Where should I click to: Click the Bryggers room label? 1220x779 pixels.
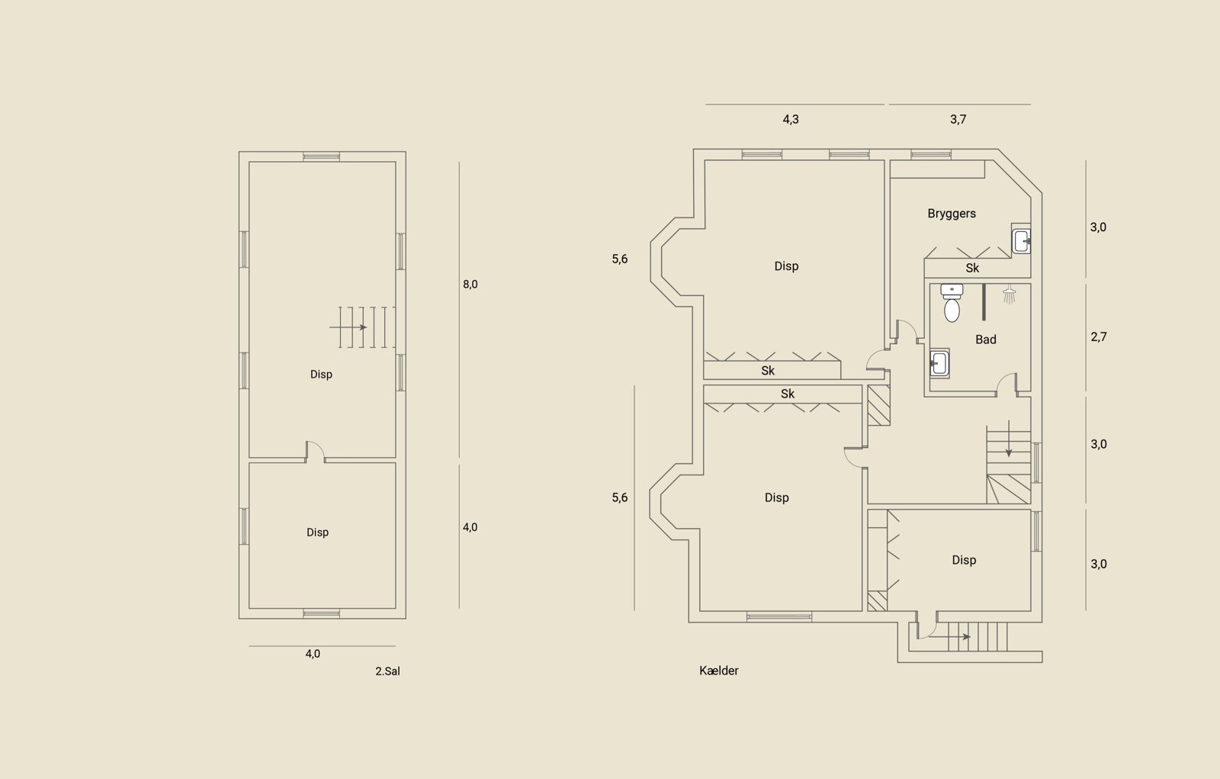(x=952, y=214)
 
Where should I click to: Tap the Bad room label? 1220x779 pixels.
(x=986, y=340)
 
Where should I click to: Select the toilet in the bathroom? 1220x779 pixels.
(x=952, y=303)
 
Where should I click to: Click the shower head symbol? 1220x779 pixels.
(x=1010, y=295)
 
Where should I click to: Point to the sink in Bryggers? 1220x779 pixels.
(x=1021, y=241)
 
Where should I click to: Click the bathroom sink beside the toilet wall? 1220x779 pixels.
(x=939, y=363)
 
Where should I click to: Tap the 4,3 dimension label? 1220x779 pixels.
(x=791, y=119)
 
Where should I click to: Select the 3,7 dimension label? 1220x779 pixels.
(x=958, y=119)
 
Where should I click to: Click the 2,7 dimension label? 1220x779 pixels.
(x=1099, y=337)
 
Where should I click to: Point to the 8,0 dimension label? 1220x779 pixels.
(x=470, y=284)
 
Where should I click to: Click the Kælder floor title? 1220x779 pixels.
(x=719, y=671)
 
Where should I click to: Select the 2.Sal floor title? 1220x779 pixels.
(x=387, y=671)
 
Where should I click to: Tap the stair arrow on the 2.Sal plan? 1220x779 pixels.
(x=348, y=327)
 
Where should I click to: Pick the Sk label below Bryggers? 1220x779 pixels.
(x=972, y=269)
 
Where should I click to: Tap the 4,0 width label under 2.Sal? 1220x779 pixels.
(x=313, y=654)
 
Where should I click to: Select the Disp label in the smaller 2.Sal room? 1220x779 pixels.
(x=317, y=532)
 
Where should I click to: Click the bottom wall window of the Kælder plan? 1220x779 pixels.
(x=779, y=617)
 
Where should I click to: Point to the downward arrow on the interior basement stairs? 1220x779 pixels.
(x=1009, y=438)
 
